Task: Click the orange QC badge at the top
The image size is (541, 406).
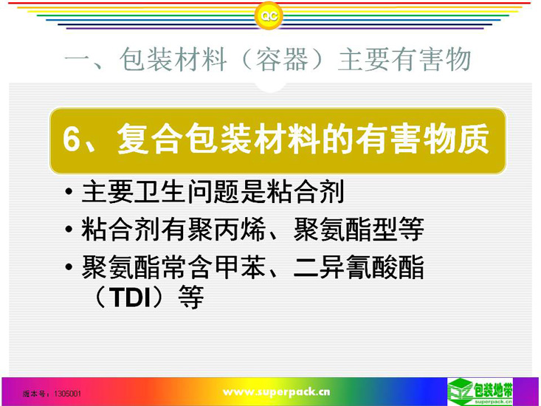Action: tap(269, 16)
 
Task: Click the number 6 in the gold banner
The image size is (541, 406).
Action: tap(71, 140)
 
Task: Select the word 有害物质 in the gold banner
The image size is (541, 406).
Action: tap(422, 139)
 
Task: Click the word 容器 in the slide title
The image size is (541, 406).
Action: tap(282, 59)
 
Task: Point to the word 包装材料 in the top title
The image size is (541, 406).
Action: tap(173, 59)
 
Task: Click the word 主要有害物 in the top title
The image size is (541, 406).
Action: tap(404, 59)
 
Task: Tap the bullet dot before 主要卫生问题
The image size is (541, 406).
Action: tap(69, 191)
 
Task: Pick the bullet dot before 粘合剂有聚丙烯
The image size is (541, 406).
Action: tap(69, 229)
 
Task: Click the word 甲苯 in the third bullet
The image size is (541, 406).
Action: tap(241, 266)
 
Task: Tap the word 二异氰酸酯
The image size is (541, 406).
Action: tap(359, 266)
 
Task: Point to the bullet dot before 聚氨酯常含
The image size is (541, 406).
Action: tap(69, 266)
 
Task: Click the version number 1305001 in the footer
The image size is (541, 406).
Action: tap(68, 393)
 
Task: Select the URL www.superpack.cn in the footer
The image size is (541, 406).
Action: tap(276, 392)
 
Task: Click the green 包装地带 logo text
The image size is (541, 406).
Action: tap(493, 390)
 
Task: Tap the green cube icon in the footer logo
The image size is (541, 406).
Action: tap(461, 390)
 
